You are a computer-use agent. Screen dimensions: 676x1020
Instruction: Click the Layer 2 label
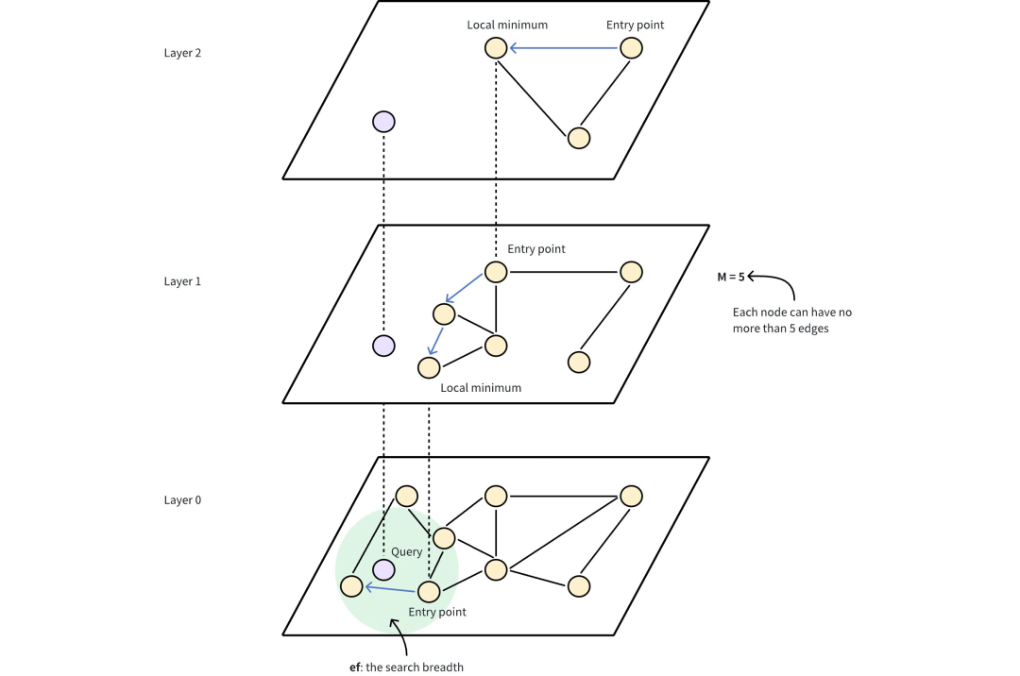[x=182, y=53]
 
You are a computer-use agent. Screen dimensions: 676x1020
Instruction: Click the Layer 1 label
[x=182, y=281]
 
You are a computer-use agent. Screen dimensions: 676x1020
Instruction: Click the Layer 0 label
[x=182, y=500]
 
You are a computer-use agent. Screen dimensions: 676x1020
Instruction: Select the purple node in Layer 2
[x=383, y=122]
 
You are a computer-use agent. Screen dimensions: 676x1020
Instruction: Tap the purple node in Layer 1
[x=383, y=346]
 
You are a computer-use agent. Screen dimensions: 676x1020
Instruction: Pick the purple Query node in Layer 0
[x=383, y=570]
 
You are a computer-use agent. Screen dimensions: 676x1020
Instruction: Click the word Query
[x=407, y=551]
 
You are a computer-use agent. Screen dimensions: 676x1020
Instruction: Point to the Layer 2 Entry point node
[x=632, y=47]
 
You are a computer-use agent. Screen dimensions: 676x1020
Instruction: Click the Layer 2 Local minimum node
[x=496, y=47]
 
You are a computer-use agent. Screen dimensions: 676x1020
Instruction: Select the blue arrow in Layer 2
[x=564, y=47]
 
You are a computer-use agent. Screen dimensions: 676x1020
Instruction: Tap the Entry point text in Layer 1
[x=536, y=249]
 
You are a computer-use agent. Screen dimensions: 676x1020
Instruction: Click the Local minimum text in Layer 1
[x=481, y=388]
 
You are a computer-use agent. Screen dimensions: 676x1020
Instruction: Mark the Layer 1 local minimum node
[x=430, y=368]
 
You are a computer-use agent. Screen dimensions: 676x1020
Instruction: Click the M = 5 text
[x=731, y=277]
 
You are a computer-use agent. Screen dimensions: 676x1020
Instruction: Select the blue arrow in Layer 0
[x=390, y=589]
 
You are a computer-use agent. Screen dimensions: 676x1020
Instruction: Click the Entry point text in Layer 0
[x=437, y=613]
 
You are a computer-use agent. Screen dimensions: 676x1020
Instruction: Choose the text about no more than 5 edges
[x=792, y=320]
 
